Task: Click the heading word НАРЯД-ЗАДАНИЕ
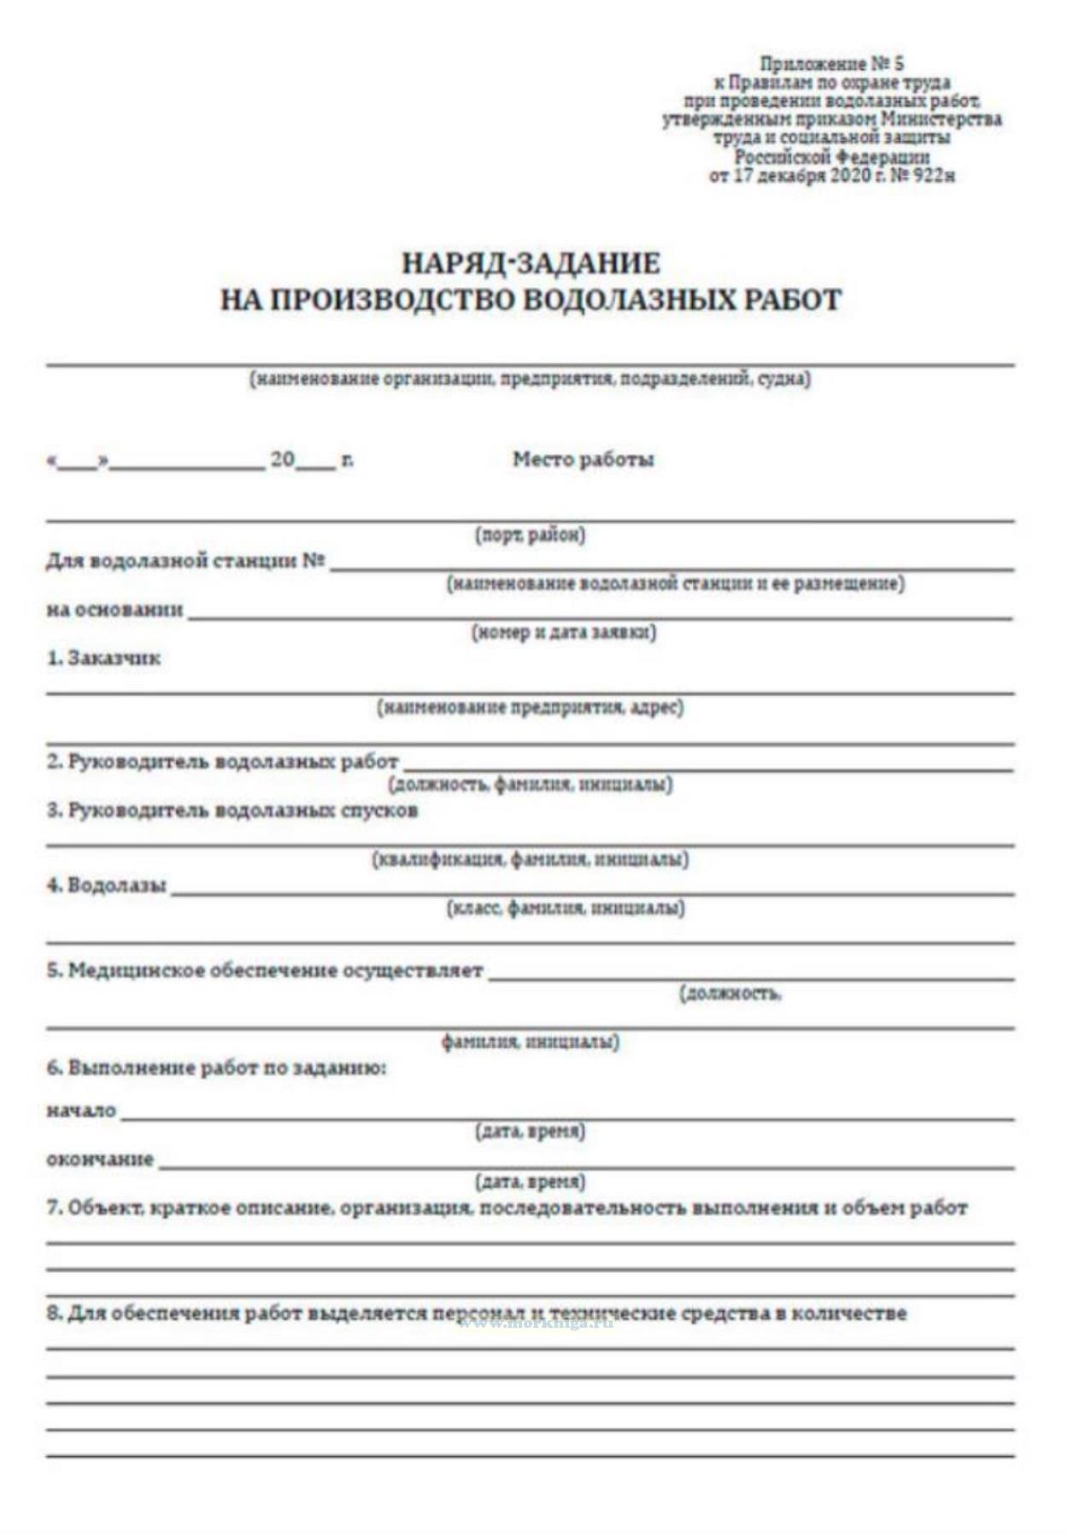tap(531, 262)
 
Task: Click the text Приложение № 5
tap(831, 64)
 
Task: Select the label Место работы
tap(583, 459)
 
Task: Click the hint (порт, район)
tap(530, 535)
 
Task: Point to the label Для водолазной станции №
tap(185, 561)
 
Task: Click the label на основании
tap(114, 610)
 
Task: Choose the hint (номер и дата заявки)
tap(564, 633)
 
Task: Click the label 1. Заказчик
tap(103, 658)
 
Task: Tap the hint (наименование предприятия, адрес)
tap(531, 707)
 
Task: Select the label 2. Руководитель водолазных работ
tap(222, 761)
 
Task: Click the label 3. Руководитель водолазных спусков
tap(232, 810)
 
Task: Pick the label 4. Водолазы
tap(107, 885)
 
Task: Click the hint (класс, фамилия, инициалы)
tap(566, 908)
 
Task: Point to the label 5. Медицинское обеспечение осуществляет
tap(265, 970)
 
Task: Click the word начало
tap(81, 1111)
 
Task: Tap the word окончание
tap(100, 1160)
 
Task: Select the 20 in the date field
tap(283, 459)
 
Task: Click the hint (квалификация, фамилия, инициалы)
tap(531, 859)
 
